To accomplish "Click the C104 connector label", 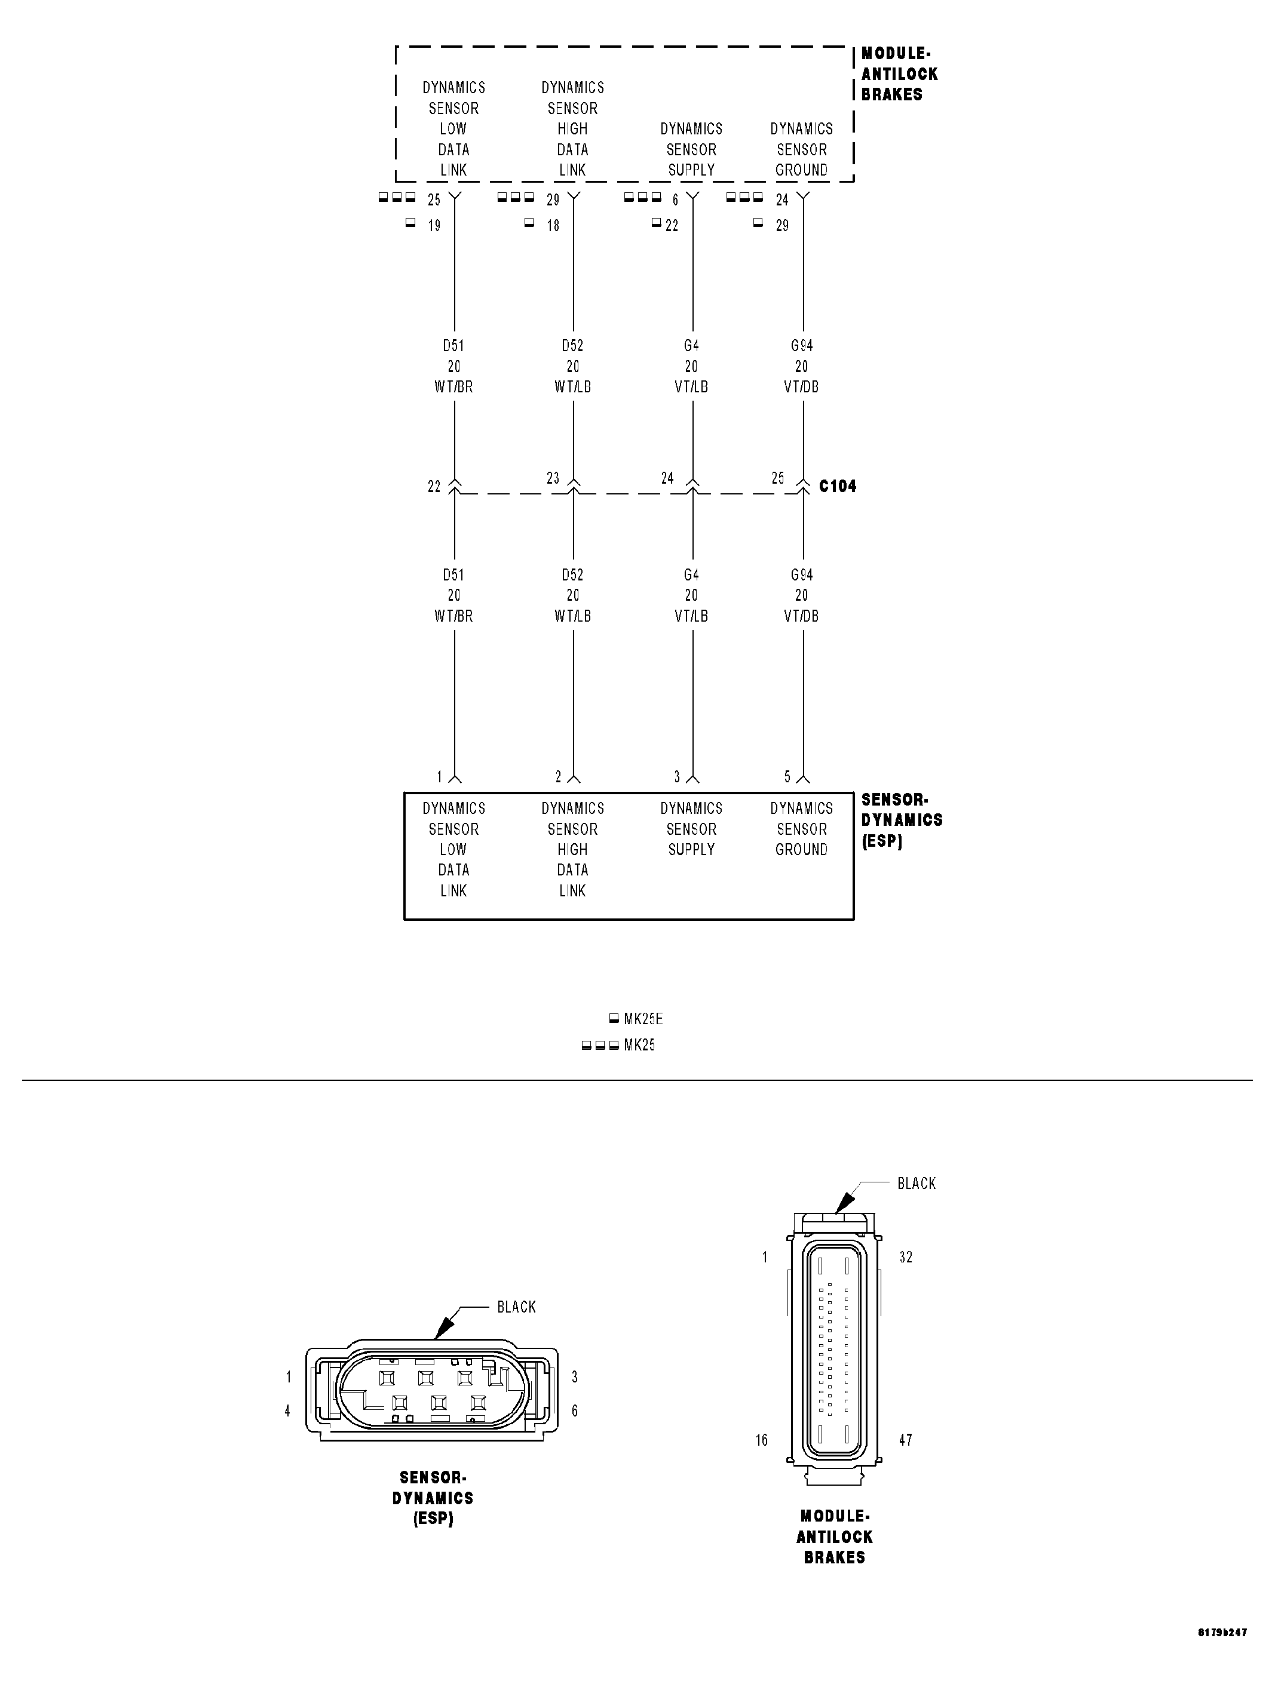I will click(x=837, y=486).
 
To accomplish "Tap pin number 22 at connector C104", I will click(x=434, y=486).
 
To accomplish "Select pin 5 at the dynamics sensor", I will click(x=787, y=777).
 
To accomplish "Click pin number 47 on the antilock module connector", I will click(x=906, y=1440).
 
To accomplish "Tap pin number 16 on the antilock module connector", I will click(x=762, y=1440).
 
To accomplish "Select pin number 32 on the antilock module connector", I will click(x=906, y=1257).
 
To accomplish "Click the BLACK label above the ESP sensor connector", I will click(x=516, y=1307).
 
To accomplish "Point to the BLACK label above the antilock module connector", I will click(x=916, y=1183).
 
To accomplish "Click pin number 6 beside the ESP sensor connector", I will click(x=575, y=1410).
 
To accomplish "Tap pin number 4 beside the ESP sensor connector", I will click(x=287, y=1410).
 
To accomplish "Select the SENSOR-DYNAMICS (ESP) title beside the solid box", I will click(x=901, y=820).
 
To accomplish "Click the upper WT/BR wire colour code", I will click(x=454, y=387).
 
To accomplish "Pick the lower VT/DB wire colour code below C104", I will click(x=801, y=616).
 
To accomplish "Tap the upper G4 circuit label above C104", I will click(x=691, y=346).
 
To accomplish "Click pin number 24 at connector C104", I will click(x=667, y=478).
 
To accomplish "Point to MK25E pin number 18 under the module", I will click(x=553, y=226).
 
